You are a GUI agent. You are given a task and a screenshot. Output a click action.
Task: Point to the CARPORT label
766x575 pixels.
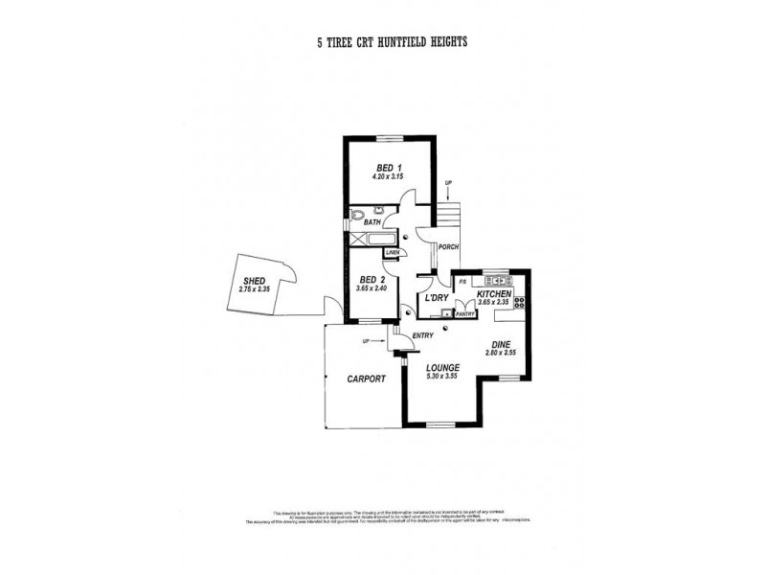[x=365, y=379]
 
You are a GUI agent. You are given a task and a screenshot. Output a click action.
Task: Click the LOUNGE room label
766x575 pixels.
[x=443, y=367]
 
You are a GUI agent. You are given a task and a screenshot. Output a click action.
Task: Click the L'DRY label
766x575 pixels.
[x=436, y=299]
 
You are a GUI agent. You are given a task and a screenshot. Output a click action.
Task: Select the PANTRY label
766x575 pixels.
[x=465, y=313]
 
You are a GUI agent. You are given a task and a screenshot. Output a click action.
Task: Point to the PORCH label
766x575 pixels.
[x=448, y=247]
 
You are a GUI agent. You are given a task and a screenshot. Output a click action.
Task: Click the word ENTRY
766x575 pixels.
[x=423, y=334]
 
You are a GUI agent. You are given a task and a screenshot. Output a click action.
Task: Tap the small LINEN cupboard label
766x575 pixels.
[x=392, y=252]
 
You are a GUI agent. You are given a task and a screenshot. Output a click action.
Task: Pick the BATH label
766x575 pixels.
[x=372, y=222]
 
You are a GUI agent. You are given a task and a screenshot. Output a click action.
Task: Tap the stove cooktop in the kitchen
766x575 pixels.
[x=520, y=302]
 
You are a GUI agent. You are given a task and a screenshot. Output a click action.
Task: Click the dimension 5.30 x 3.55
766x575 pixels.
[x=443, y=377]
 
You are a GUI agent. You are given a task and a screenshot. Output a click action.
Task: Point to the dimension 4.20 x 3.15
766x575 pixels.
[x=389, y=177]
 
